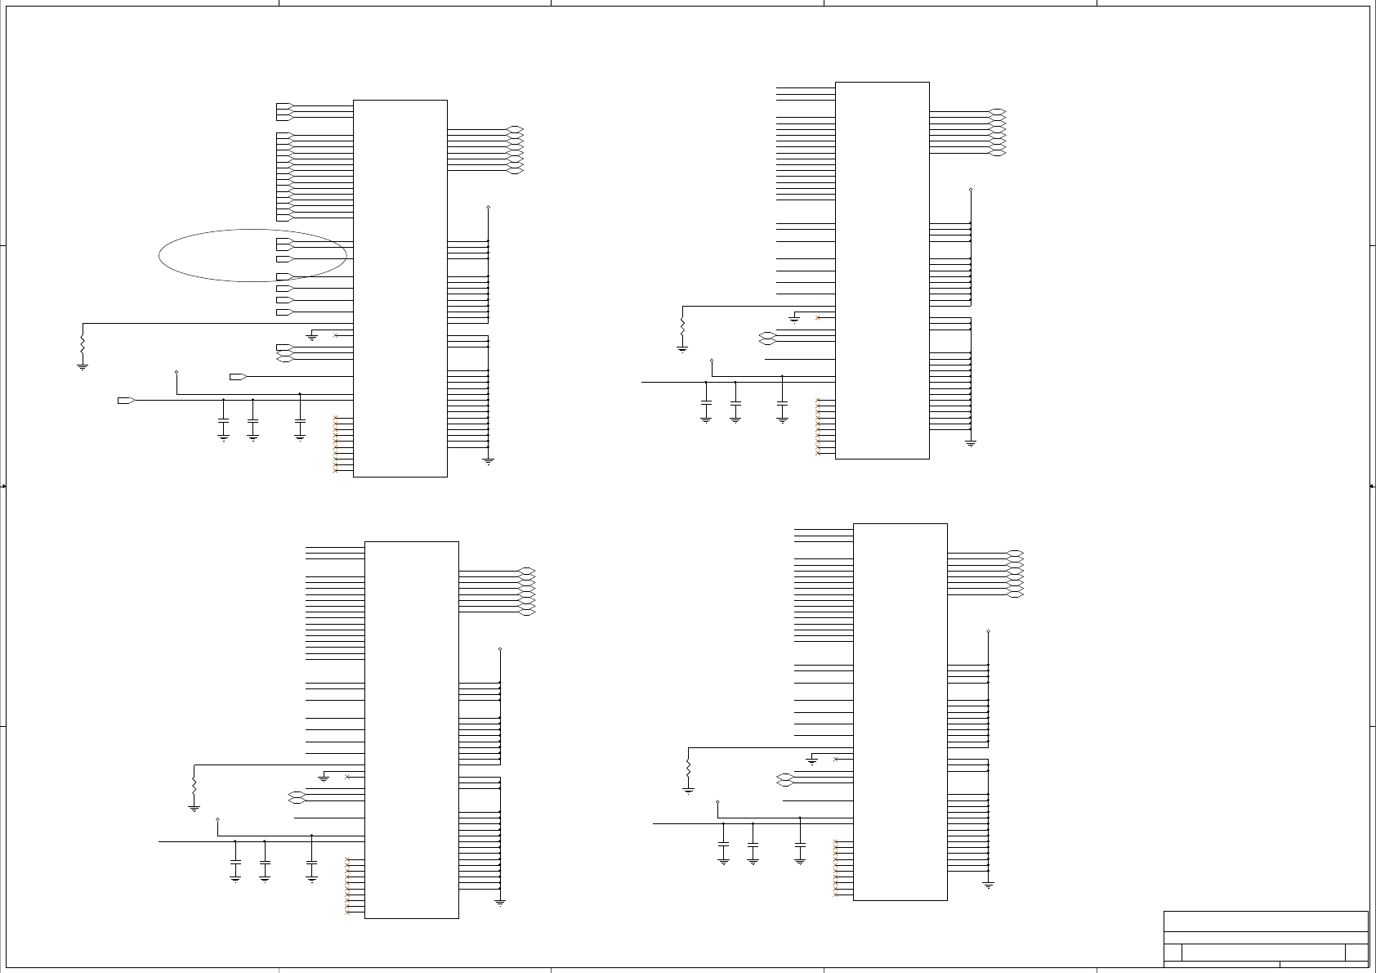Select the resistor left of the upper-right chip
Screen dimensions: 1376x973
682,325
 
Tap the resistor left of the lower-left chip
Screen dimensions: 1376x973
194,783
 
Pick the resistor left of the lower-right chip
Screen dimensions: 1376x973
689,769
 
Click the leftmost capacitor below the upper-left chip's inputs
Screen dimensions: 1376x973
224,423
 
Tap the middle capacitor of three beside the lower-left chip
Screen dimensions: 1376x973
265,864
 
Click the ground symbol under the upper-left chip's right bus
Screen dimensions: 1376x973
489,461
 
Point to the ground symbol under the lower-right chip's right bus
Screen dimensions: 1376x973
989,885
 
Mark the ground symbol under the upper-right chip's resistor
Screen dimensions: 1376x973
682,349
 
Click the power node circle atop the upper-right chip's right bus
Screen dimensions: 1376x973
971,190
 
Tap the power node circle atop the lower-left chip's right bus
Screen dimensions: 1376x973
500,649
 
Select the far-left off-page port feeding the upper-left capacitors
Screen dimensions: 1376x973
126,400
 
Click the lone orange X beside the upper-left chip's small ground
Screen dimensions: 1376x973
336,335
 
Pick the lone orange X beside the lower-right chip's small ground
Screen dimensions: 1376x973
835,760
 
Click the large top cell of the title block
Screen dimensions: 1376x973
1266,921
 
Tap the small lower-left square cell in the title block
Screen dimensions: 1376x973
1173,953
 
